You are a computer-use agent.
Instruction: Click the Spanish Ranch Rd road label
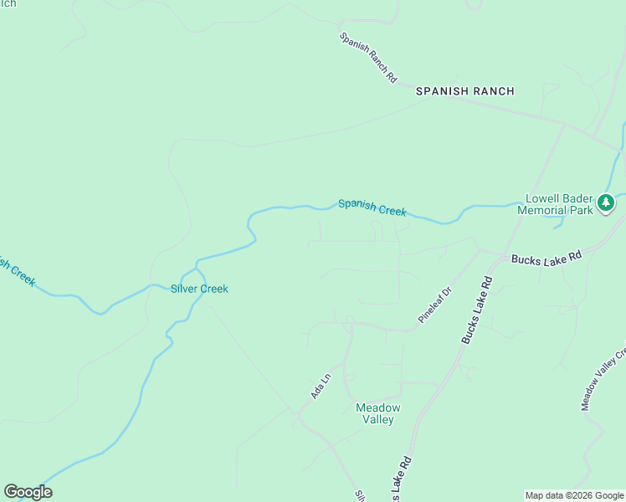click(368, 57)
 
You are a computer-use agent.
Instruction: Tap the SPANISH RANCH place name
click(465, 91)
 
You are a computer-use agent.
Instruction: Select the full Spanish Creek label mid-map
click(372, 207)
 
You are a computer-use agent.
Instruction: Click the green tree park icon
click(605, 202)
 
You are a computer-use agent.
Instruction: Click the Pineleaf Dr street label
click(435, 305)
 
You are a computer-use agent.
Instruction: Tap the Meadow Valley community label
click(378, 413)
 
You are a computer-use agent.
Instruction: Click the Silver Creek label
click(199, 289)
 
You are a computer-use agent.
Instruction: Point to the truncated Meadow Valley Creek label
click(603, 382)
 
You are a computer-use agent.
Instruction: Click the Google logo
click(28, 492)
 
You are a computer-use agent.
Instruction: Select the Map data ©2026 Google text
click(574, 495)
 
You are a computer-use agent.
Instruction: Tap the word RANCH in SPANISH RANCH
click(494, 91)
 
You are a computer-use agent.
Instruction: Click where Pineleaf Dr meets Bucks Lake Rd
click(478, 249)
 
